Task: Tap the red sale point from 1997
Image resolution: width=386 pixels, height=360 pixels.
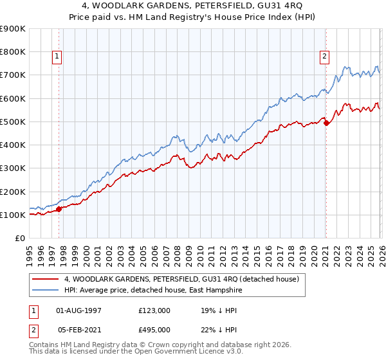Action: pyautogui.click(x=59, y=208)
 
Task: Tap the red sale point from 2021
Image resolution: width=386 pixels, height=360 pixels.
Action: pyautogui.click(x=326, y=123)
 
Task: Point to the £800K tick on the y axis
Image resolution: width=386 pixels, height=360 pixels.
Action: pyautogui.click(x=14, y=52)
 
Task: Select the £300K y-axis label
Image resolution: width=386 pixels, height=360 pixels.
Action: pyautogui.click(x=14, y=168)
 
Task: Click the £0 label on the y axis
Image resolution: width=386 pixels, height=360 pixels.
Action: pyautogui.click(x=19, y=239)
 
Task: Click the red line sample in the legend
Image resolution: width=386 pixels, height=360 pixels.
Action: pyautogui.click(x=46, y=280)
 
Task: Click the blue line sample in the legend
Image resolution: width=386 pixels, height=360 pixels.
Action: pyautogui.click(x=46, y=291)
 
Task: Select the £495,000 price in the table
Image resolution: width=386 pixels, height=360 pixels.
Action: pyautogui.click(x=154, y=330)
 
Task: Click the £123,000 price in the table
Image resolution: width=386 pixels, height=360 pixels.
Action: pyautogui.click(x=154, y=310)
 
